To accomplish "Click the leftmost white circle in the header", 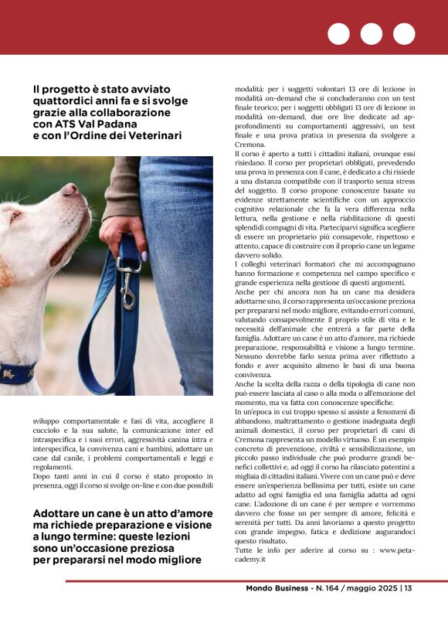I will [x=338, y=34].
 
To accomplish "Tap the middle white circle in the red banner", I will [x=371, y=34].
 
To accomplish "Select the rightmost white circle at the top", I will [x=404, y=34].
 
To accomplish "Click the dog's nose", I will [x=70, y=189].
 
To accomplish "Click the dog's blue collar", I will [x=17, y=374].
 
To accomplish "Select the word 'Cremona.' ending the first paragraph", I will [x=251, y=145].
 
